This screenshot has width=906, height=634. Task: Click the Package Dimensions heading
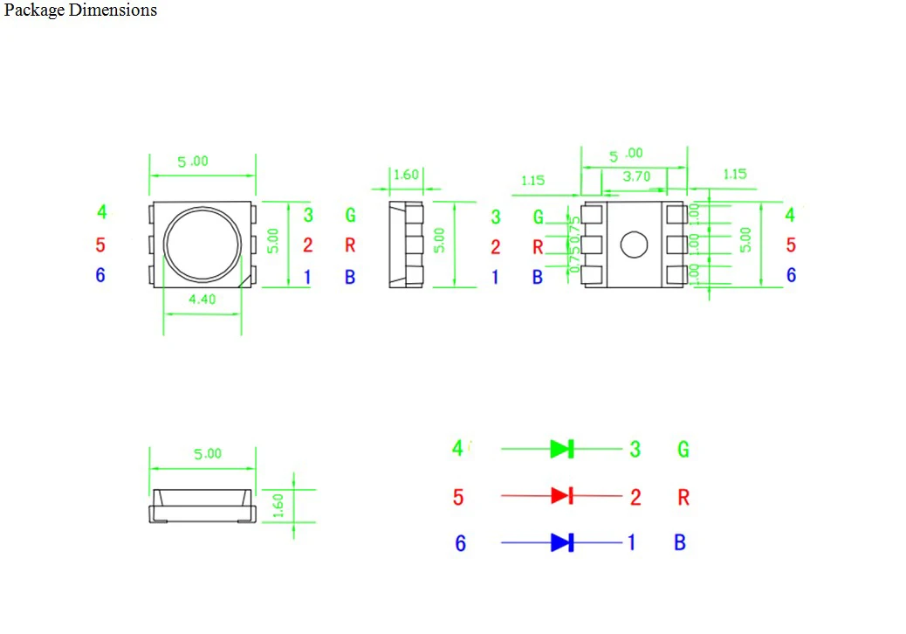80,10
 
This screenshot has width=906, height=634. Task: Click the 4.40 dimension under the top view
202,299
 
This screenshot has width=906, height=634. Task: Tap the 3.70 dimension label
636,176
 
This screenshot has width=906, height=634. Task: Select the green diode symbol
561,449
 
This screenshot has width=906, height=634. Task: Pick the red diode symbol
561,496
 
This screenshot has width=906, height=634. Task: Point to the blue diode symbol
561,542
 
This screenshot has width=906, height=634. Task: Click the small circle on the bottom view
634,245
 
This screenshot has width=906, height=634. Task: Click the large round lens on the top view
202,245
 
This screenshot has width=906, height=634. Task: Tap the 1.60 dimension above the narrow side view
405,175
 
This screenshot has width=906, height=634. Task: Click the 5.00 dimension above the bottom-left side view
207,453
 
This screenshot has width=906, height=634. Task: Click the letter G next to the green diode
683,449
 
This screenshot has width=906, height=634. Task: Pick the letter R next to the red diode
683,497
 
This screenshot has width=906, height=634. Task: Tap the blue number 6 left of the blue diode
460,543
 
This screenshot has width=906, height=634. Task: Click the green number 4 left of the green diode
457,449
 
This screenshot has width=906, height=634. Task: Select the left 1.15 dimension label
532,181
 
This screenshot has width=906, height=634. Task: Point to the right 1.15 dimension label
735,175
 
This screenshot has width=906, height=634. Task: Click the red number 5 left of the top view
100,245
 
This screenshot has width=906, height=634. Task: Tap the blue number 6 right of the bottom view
791,275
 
